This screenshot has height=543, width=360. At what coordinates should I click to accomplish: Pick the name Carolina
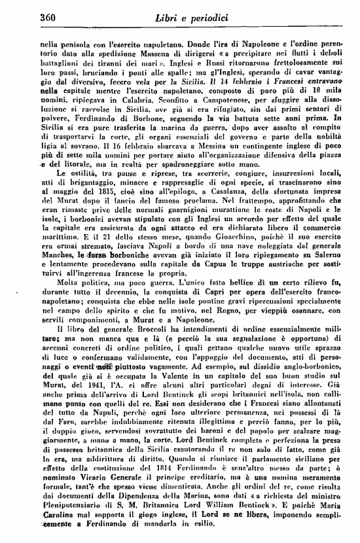coord(58,533)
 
